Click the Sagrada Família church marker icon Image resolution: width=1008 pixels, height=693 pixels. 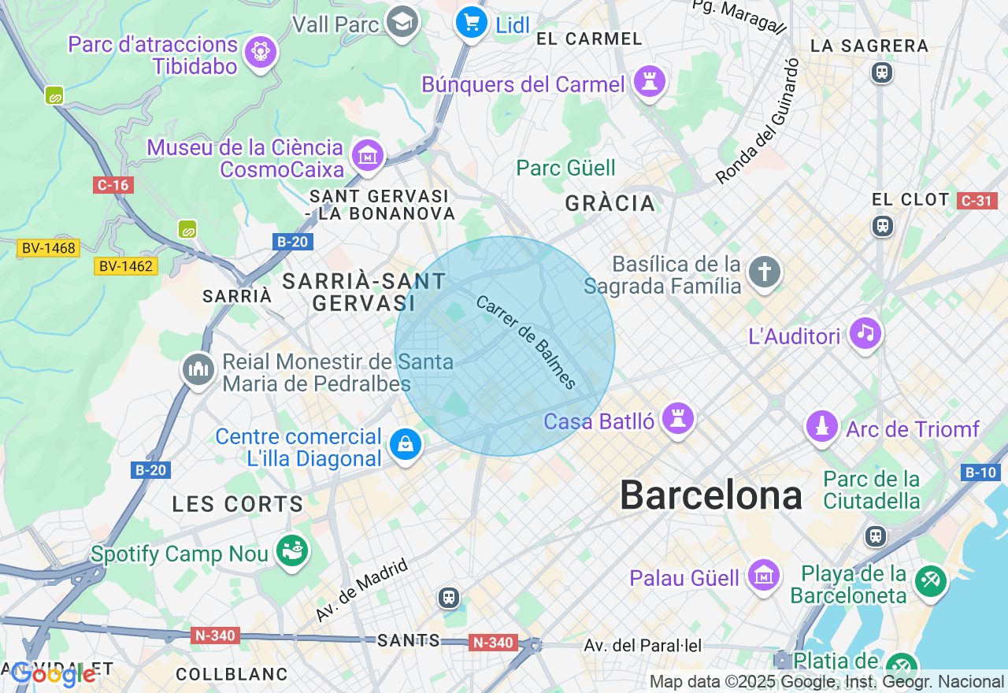(764, 272)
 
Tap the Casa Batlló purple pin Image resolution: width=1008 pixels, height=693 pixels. (676, 419)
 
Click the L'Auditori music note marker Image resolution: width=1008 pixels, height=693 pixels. (865, 334)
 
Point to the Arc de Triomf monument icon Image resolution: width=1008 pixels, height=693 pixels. (821, 427)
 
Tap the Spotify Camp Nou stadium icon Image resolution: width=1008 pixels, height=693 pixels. (292, 552)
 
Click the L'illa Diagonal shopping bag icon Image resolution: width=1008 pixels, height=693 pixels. (405, 446)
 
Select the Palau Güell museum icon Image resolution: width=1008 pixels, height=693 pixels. (763, 576)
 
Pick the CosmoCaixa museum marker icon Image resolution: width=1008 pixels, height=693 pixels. (368, 156)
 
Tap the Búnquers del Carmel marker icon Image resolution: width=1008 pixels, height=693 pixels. (650, 82)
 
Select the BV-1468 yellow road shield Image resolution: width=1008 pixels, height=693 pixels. (48, 248)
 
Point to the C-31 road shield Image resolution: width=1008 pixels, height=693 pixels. (976, 201)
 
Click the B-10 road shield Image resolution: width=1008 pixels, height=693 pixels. (980, 472)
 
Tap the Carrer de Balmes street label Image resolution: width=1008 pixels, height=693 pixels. (526, 343)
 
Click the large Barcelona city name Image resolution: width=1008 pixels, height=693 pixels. (710, 495)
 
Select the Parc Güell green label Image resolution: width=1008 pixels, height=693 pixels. (565, 168)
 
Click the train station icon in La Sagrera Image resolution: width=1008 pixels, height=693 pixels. (880, 72)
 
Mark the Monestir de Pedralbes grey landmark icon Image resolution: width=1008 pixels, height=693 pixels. (198, 369)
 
